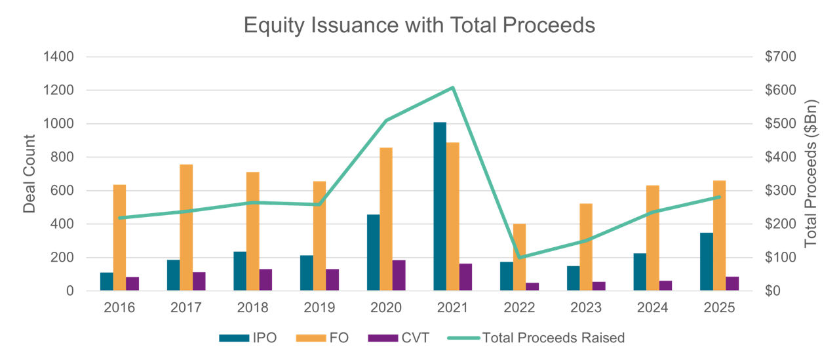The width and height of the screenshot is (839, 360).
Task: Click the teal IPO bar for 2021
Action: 440,207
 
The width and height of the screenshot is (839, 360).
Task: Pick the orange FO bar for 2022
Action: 519,257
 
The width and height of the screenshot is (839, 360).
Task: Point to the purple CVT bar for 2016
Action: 132,284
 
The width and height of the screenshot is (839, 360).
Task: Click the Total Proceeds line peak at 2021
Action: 453,87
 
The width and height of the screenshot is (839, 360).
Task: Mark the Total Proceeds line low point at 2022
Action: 519,257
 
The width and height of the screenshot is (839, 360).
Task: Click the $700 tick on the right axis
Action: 780,57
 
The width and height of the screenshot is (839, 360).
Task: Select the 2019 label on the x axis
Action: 319,308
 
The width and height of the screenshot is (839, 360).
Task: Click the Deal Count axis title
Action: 29,174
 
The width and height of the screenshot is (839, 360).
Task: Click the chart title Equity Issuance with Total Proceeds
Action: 419,25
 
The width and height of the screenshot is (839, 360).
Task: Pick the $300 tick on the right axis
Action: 780,191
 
